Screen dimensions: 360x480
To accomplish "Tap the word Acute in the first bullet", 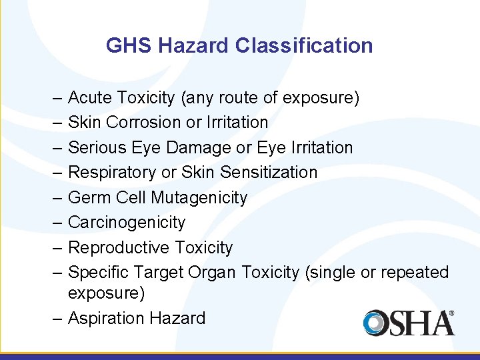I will pos(90,98).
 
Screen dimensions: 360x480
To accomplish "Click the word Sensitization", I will pos(269,173).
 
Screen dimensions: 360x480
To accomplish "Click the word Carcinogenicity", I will pos(127,223).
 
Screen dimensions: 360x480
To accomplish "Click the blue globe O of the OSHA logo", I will pos(376,323).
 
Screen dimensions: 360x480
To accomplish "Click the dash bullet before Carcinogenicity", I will pos(58,223).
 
